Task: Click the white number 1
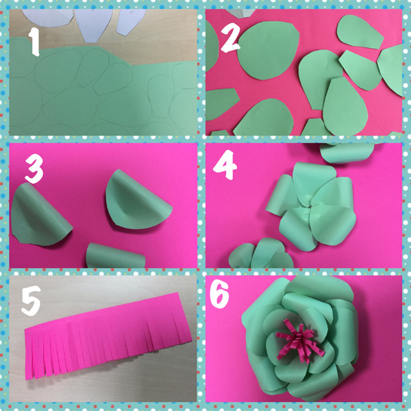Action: pos(34,42)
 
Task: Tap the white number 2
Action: pos(230,39)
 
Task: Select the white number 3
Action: pos(34,169)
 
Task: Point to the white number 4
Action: pos(225,164)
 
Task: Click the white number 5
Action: pos(32,301)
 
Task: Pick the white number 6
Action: pos(220,294)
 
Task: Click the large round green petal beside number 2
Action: pos(268,50)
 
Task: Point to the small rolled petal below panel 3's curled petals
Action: pos(115,256)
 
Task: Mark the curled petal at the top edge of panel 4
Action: pos(347,153)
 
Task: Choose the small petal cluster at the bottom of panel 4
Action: pos(261,253)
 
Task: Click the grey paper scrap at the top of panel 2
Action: pos(240,13)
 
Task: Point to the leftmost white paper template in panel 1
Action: pos(47,18)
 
